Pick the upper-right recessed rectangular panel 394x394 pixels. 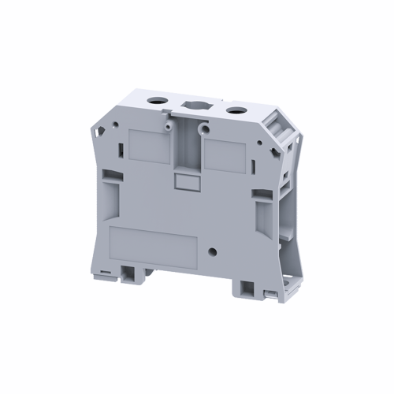point(225,153)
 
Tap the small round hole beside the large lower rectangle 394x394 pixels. point(212,254)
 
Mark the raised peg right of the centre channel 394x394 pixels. point(203,127)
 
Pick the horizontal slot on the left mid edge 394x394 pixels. point(108,191)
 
